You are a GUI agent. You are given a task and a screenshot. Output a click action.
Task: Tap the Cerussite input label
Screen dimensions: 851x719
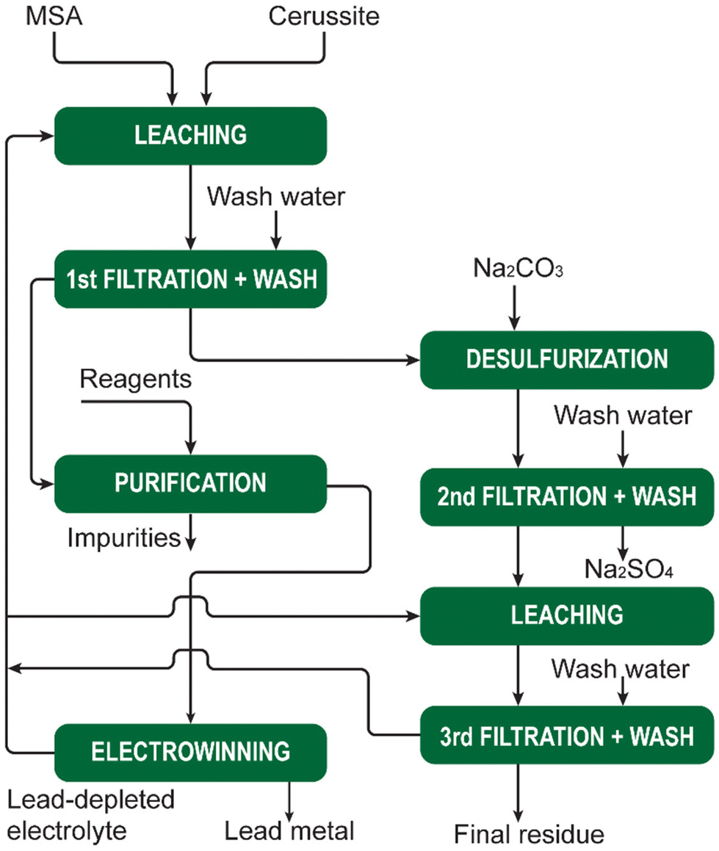point(323,17)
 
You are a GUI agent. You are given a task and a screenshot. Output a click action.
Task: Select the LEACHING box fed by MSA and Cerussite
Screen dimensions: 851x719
point(190,135)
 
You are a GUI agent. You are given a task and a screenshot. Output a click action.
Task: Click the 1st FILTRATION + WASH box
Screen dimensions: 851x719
point(190,280)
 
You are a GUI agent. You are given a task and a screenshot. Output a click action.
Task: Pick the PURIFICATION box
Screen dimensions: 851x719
point(190,483)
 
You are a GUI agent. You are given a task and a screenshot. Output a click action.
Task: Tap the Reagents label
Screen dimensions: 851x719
point(135,380)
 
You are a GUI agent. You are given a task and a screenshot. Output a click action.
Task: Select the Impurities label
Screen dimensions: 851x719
point(124,537)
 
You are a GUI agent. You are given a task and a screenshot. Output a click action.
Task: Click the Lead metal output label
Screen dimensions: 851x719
point(289,831)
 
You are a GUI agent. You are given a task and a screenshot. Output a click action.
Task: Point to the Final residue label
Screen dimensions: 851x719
point(529,834)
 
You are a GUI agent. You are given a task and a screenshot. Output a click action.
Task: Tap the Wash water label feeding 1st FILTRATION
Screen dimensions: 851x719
point(275,197)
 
